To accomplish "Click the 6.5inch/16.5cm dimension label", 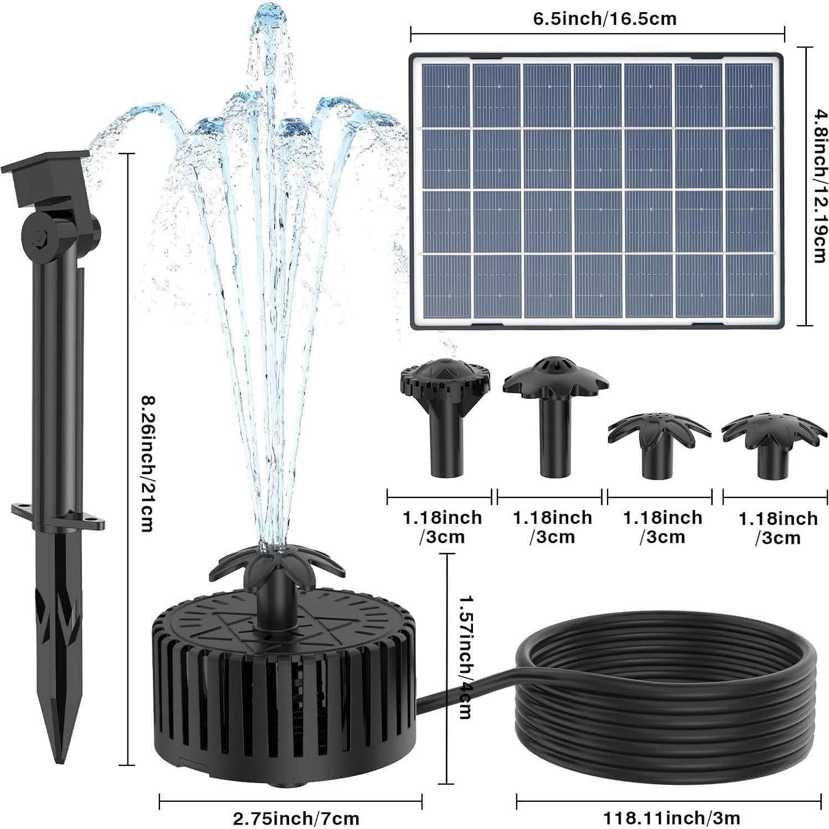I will [604, 19].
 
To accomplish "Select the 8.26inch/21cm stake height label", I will [146, 462].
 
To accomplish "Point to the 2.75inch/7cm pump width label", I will [296, 817].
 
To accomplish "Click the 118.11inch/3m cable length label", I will [671, 817].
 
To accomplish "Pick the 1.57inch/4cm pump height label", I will [465, 656].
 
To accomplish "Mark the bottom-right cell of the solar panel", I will [748, 286].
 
